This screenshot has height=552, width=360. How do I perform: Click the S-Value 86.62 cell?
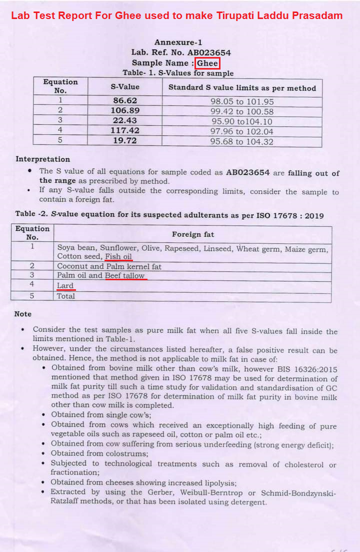[125, 101]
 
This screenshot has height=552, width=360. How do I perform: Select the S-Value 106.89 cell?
[125, 111]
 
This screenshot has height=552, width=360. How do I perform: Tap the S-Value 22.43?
[125, 121]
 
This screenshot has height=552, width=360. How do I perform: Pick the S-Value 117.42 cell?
[125, 131]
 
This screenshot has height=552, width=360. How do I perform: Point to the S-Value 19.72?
[125, 141]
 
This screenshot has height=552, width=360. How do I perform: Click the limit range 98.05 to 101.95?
[242, 102]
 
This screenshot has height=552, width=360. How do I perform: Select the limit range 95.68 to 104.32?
[242, 142]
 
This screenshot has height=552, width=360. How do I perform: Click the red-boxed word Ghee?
[207, 63]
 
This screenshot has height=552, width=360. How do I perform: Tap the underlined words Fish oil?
[118, 257]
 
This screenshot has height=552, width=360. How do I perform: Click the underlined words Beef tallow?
[124, 276]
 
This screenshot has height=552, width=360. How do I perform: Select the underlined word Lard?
[65, 286]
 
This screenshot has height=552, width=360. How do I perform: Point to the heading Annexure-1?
[178, 43]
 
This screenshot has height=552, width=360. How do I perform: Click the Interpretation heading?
[42, 159]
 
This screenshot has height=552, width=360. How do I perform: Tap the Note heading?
[23, 314]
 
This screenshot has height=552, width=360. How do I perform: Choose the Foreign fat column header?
[192, 234]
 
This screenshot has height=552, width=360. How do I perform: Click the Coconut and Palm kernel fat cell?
[109, 266]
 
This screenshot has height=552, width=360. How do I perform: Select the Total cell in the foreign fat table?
[66, 296]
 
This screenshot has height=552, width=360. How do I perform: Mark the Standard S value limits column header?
[242, 88]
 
